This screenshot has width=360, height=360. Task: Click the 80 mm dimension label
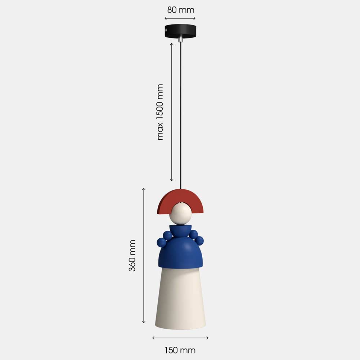[x=181, y=10]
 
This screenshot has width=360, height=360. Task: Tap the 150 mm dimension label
[x=180, y=350]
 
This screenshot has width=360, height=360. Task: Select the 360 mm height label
[x=132, y=255]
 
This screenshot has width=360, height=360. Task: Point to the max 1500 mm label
[x=159, y=112]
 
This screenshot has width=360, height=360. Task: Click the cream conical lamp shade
[x=180, y=298]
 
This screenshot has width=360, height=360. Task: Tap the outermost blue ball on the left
[x=161, y=242]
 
